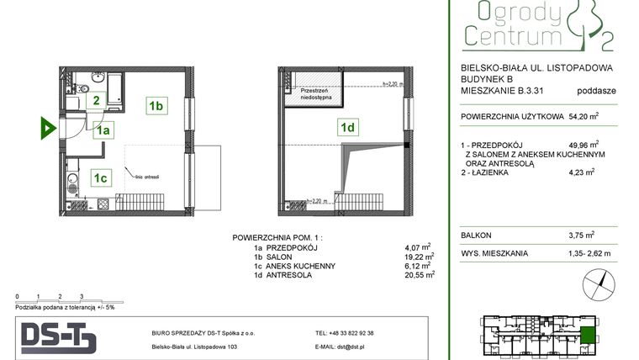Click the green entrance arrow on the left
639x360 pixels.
tap(48, 129)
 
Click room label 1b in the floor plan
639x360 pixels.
tap(156, 105)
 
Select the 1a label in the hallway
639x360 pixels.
tap(103, 130)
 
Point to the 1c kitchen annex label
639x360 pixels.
tap(100, 177)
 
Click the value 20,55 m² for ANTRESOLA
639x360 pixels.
tap(420, 274)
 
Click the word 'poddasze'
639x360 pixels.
tap(596, 91)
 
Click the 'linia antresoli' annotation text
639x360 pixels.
tap(145, 177)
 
